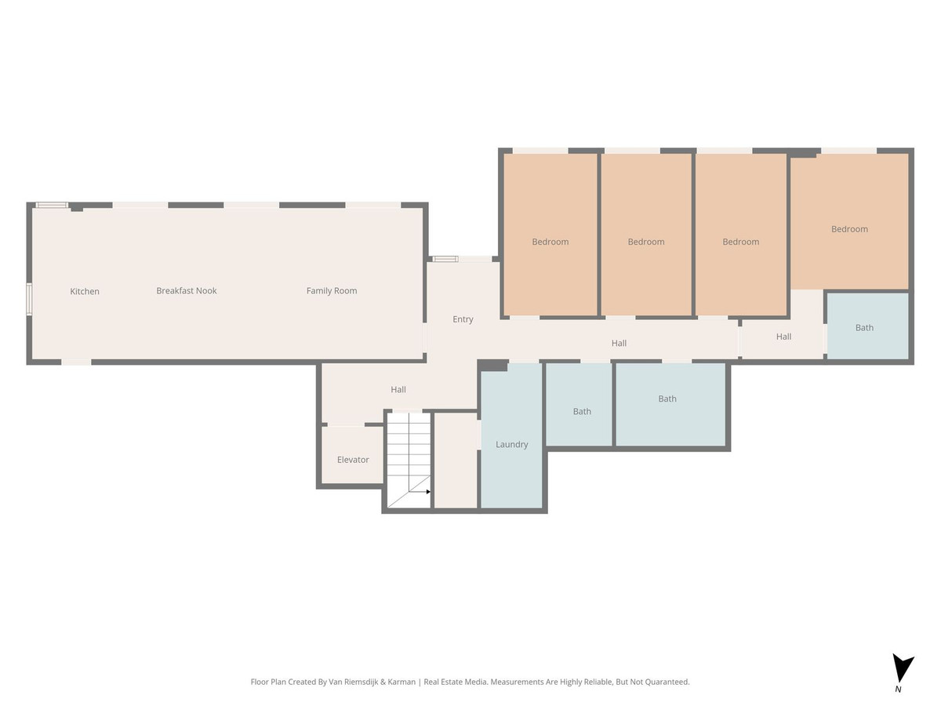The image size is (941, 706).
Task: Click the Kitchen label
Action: [x=85, y=291]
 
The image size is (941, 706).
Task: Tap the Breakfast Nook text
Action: [x=186, y=290]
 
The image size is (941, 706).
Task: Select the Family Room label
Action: [x=332, y=290]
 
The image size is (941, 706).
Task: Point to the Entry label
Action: [x=463, y=319]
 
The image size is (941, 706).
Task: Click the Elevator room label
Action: [x=353, y=460]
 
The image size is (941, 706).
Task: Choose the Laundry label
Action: [x=511, y=444]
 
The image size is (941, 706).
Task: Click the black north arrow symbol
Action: [x=903, y=668]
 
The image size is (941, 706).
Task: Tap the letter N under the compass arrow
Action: [x=898, y=690]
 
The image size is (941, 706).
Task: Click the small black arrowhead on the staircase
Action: [x=428, y=492]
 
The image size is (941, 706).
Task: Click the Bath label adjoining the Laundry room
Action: [x=582, y=411]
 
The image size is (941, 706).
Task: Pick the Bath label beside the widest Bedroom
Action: [x=864, y=328]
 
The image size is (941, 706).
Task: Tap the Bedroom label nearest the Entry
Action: [x=550, y=242]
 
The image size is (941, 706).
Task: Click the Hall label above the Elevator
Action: [x=398, y=389]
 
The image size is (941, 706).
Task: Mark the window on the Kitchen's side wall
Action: [x=29, y=299]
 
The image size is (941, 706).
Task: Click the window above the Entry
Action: [x=445, y=259]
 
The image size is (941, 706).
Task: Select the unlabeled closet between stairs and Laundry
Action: [x=456, y=460]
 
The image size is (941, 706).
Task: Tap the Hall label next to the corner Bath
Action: [x=783, y=337]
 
